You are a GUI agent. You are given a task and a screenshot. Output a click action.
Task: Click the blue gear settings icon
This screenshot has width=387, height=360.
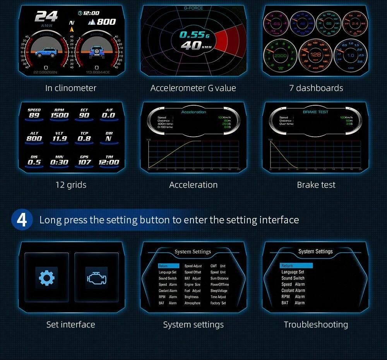(x=46, y=278)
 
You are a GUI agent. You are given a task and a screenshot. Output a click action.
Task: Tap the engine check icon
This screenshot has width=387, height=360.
(x=96, y=278)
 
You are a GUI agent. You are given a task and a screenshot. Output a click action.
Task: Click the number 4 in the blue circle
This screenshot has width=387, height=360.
(x=22, y=219)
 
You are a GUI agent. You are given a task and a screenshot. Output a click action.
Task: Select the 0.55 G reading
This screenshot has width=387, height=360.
(x=192, y=35)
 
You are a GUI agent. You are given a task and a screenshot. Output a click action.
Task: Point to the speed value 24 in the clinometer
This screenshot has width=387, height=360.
(x=46, y=16)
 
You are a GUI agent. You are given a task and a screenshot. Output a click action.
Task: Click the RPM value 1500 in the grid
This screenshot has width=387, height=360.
(x=59, y=115)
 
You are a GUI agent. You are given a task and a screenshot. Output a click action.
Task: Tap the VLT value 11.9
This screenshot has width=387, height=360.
(x=59, y=138)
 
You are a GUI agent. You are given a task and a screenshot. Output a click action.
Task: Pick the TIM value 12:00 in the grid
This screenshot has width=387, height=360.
(x=109, y=162)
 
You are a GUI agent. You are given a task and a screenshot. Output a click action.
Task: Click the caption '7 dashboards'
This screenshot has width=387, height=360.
(x=316, y=88)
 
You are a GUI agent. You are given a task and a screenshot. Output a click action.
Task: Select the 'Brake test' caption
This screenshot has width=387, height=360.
(x=316, y=185)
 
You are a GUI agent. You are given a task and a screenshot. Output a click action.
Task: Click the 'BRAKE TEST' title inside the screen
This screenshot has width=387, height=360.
(x=315, y=112)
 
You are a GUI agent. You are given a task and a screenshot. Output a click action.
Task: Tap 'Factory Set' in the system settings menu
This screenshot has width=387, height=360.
(x=218, y=303)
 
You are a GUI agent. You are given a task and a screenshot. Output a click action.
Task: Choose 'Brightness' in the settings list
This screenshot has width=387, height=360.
(x=192, y=297)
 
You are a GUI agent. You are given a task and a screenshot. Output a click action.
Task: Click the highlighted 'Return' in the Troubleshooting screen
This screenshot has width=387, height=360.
(x=296, y=266)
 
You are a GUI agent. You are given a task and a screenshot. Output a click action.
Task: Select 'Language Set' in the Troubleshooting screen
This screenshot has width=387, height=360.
(x=293, y=272)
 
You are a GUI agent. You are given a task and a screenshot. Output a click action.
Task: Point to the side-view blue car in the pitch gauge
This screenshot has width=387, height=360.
(x=46, y=52)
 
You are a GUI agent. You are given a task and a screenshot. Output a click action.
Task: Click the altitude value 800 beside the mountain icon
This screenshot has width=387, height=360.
(x=106, y=22)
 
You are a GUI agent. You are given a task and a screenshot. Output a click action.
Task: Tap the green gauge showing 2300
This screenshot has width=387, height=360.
(x=280, y=56)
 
